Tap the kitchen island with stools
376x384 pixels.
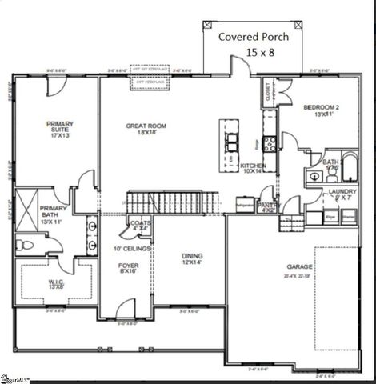(230, 144)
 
